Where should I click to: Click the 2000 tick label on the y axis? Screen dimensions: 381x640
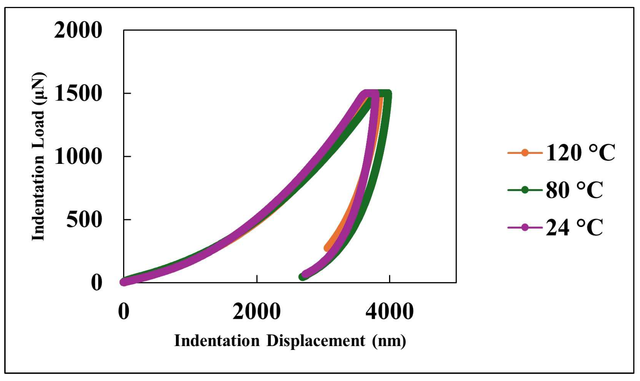click(x=78, y=30)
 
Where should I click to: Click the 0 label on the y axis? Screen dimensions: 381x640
click(x=96, y=283)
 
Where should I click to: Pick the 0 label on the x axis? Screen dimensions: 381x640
click(x=124, y=311)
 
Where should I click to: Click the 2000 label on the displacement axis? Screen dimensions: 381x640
click(x=257, y=311)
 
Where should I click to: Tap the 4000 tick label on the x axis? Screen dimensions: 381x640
click(x=390, y=311)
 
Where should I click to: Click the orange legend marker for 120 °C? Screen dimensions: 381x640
click(x=525, y=153)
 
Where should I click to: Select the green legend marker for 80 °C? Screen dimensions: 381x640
click(x=525, y=190)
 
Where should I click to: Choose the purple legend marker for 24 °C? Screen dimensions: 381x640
click(x=525, y=228)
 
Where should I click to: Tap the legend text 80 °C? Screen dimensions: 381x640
click(x=574, y=190)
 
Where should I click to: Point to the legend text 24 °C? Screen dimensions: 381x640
click(x=574, y=228)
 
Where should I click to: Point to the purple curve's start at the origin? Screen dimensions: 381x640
click(x=124, y=282)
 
